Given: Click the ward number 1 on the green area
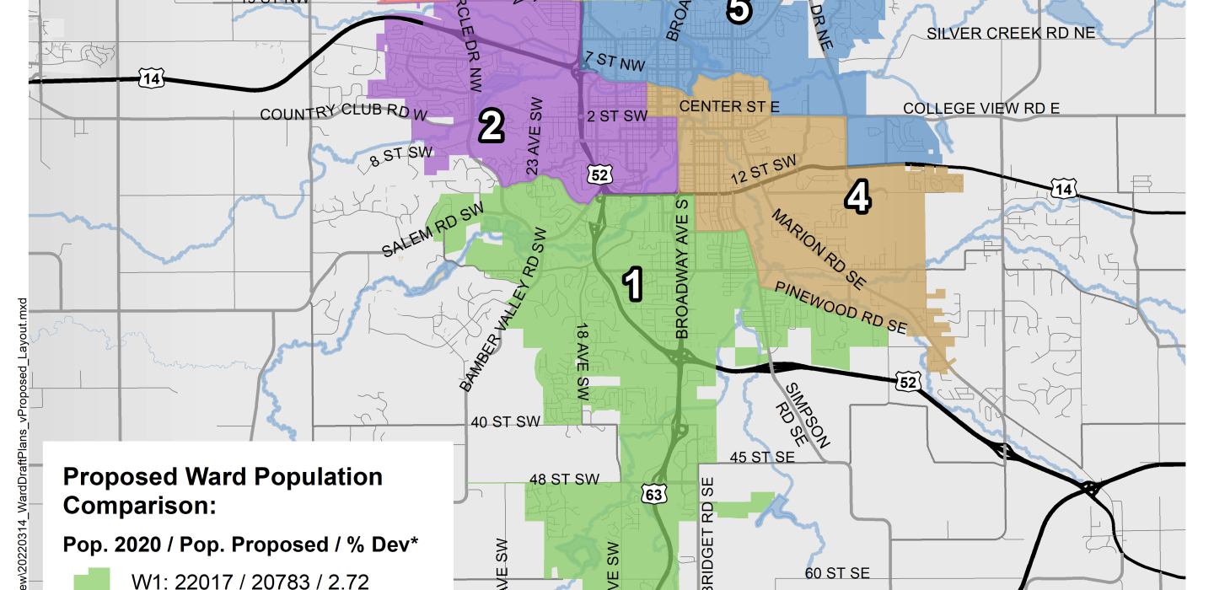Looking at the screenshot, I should (632, 284).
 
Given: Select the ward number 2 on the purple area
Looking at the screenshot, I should (491, 126).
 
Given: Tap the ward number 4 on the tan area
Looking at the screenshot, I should (857, 197).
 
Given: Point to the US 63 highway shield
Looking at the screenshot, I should (653, 494).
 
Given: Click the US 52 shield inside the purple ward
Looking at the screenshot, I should (599, 174).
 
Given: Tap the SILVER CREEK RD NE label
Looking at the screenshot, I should (1011, 33).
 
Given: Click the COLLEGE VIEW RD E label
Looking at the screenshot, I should (980, 108).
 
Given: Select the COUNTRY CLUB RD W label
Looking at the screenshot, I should (344, 114).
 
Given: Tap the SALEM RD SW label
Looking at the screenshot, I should (432, 230).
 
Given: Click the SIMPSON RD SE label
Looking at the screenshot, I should (808, 416).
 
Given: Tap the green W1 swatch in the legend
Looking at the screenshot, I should (92, 579).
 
